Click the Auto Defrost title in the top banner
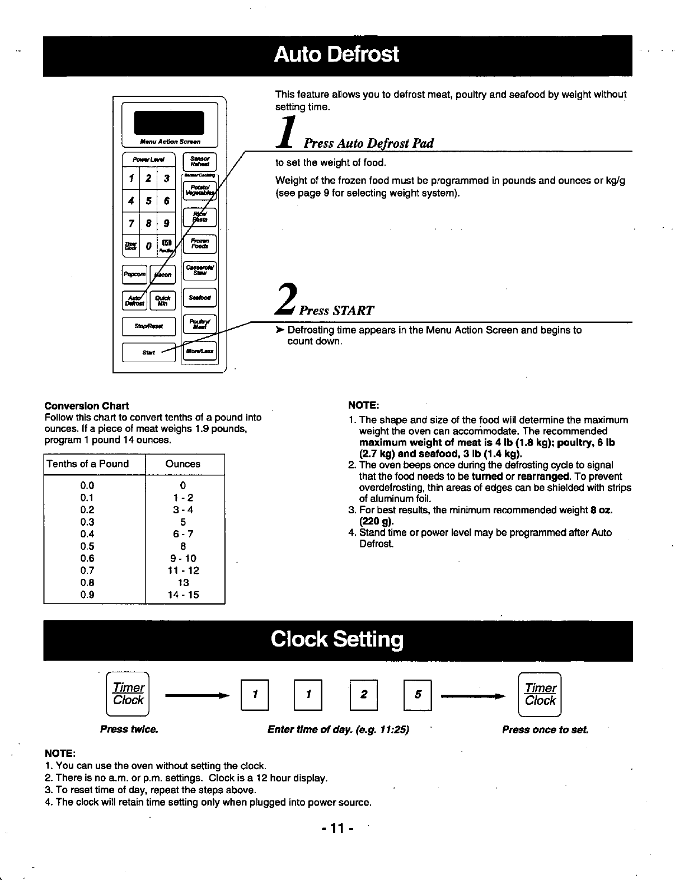[x=337, y=55]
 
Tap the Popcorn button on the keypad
[x=134, y=274]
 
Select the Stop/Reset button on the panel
[x=148, y=326]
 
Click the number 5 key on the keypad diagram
[x=148, y=200]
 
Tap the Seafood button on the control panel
[x=200, y=298]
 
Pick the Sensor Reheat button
[x=200, y=162]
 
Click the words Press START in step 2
[x=336, y=311]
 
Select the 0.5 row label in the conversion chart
[x=87, y=546]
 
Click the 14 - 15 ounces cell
[x=183, y=595]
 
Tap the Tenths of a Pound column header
[x=88, y=464]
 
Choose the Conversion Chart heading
[x=86, y=406]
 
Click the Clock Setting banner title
[x=337, y=639]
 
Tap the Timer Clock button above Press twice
[x=128, y=694]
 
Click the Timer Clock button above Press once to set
[x=540, y=694]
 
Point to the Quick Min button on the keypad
[x=162, y=300]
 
